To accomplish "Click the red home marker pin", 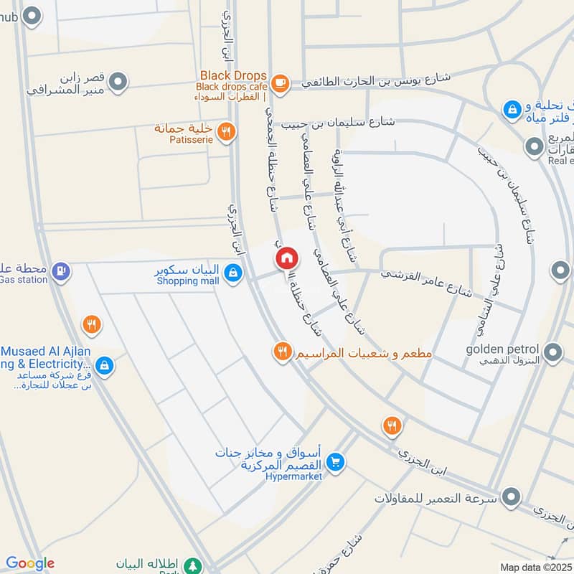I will tap(286, 258).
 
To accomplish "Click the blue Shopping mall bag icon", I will tap(232, 273).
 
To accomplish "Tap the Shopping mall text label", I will tap(188, 281).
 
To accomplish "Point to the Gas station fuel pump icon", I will tap(62, 270).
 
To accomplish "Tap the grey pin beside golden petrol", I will tap(553, 352).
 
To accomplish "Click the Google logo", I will tap(30, 563).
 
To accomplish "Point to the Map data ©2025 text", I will tap(535, 567).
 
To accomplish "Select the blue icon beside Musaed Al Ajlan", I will tap(105, 366).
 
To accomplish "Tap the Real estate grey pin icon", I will tap(534, 148).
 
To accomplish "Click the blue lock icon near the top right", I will tap(512, 109).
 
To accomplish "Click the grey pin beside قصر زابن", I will tap(120, 83).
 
